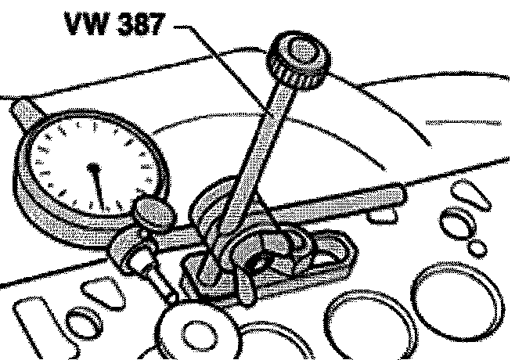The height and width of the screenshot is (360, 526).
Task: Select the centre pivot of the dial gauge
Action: click(x=93, y=167)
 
